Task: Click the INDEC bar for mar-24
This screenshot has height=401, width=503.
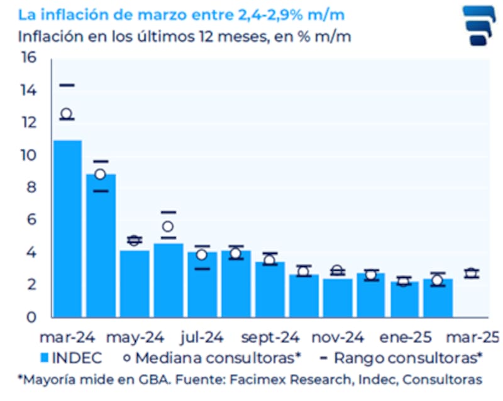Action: point(67,229)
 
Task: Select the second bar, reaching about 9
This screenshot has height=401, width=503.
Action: point(101,245)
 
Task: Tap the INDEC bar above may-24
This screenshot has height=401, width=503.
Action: point(135,283)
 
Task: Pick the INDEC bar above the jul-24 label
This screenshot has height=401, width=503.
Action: point(202,284)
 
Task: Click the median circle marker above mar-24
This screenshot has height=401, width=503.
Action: point(67,114)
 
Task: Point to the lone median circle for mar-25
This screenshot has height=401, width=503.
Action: point(471,273)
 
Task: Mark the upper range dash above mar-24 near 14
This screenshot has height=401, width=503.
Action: point(67,85)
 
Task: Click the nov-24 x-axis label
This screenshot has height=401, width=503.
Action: point(338,338)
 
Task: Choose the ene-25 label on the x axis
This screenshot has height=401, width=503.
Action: point(406,338)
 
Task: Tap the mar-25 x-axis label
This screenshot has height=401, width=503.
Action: point(472,338)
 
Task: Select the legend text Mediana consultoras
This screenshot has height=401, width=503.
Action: point(217,358)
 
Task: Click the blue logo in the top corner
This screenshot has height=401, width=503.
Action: point(479,26)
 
